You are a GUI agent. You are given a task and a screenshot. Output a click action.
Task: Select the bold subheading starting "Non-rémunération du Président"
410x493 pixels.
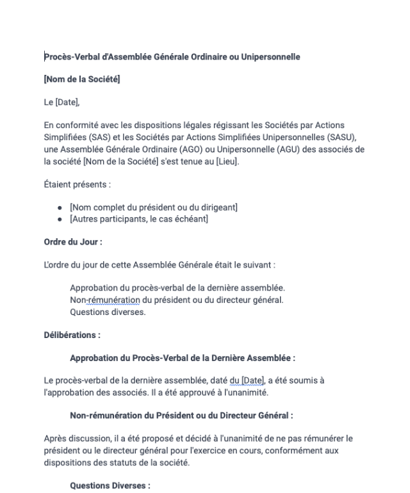click(x=181, y=415)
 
